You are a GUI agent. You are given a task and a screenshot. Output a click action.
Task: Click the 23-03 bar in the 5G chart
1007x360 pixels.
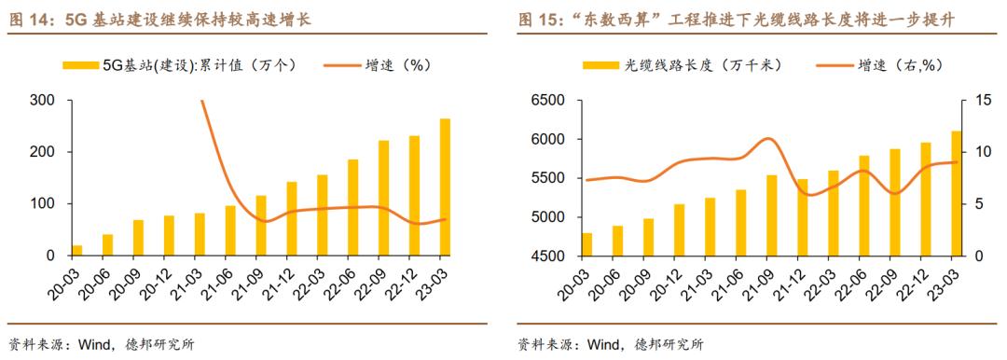coord(445,187)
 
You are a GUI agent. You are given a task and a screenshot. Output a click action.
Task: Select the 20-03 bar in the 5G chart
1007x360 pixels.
coord(76,250)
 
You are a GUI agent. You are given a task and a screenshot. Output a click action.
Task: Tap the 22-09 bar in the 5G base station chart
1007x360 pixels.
coord(383,198)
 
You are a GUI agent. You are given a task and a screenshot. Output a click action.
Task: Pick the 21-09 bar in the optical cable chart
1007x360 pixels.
coord(771,215)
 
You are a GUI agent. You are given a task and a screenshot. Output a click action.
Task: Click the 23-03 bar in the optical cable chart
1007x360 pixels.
coord(954,193)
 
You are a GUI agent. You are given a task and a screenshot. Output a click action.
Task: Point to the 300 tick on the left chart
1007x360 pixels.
coord(42,100)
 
